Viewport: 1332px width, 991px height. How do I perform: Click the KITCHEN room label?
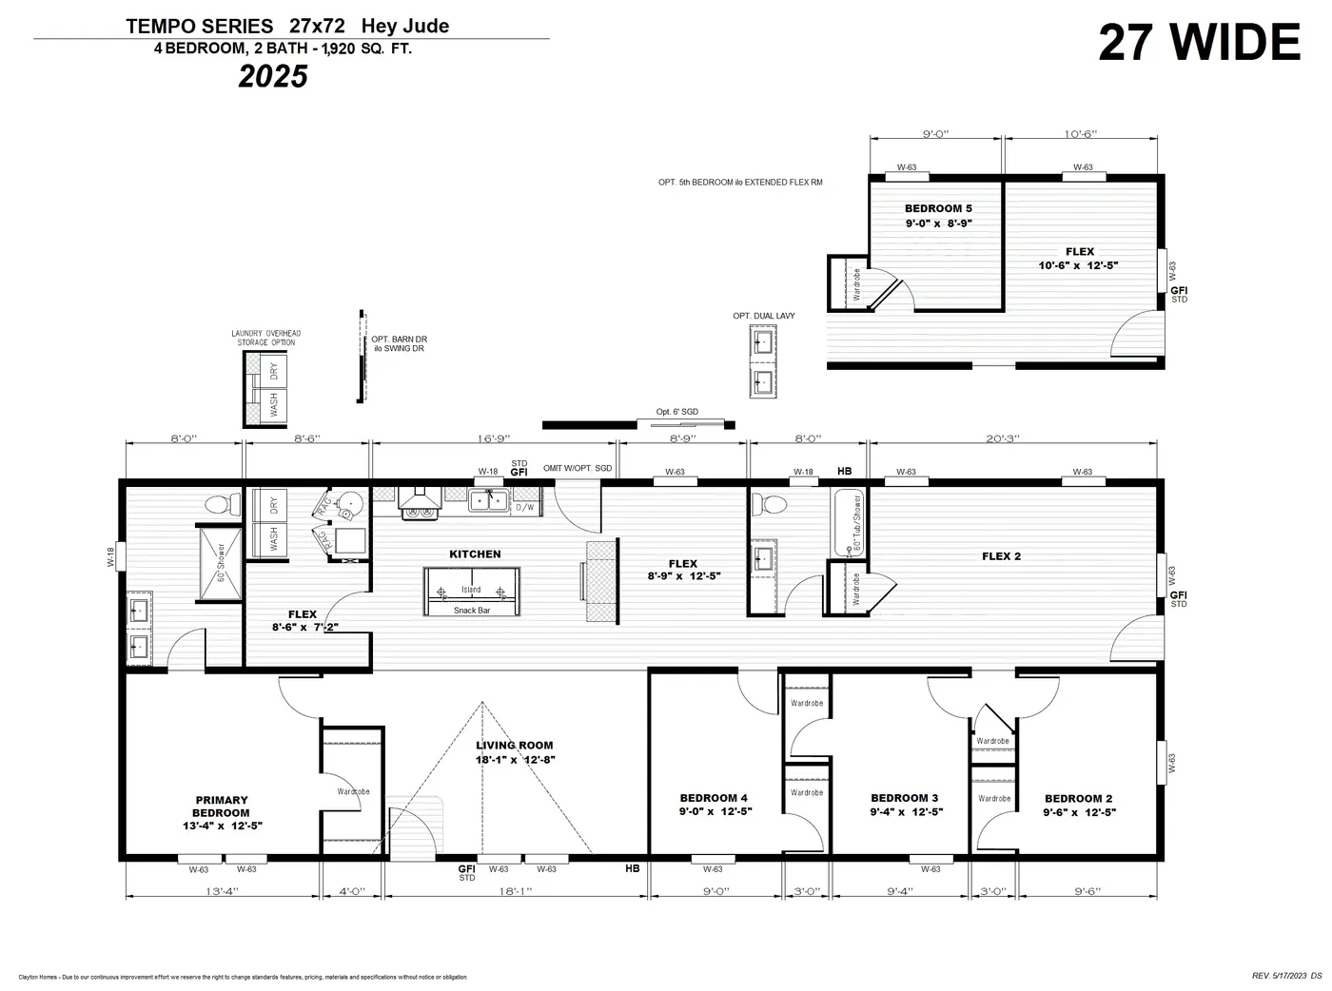pyautogui.click(x=475, y=554)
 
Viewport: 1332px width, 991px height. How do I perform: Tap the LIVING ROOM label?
pyautogui.click(x=514, y=746)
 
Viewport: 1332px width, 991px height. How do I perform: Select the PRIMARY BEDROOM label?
pyautogui.click(x=221, y=806)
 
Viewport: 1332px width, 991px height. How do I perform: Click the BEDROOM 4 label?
pyautogui.click(x=713, y=798)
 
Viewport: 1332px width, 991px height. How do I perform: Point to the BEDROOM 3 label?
pyautogui.click(x=905, y=798)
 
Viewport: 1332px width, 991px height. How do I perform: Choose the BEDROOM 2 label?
pyautogui.click(x=1078, y=799)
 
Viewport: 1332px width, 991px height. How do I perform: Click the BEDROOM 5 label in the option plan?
pyautogui.click(x=938, y=208)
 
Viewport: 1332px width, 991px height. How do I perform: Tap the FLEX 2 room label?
pyautogui.click(x=1001, y=556)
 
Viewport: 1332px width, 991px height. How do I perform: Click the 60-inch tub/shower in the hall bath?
pyautogui.click(x=848, y=524)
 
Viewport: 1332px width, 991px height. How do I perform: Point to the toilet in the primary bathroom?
pyautogui.click(x=222, y=504)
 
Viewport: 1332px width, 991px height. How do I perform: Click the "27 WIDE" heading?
pyautogui.click(x=1198, y=43)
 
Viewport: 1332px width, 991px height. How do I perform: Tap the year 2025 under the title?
pyautogui.click(x=273, y=77)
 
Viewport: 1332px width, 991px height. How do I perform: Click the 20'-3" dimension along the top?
pyautogui.click(x=1002, y=438)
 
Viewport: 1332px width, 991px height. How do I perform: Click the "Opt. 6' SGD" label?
pyautogui.click(x=676, y=412)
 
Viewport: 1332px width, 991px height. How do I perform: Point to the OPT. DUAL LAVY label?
pyautogui.click(x=763, y=316)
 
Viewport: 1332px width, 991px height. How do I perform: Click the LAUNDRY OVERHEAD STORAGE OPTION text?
pyautogui.click(x=266, y=338)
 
